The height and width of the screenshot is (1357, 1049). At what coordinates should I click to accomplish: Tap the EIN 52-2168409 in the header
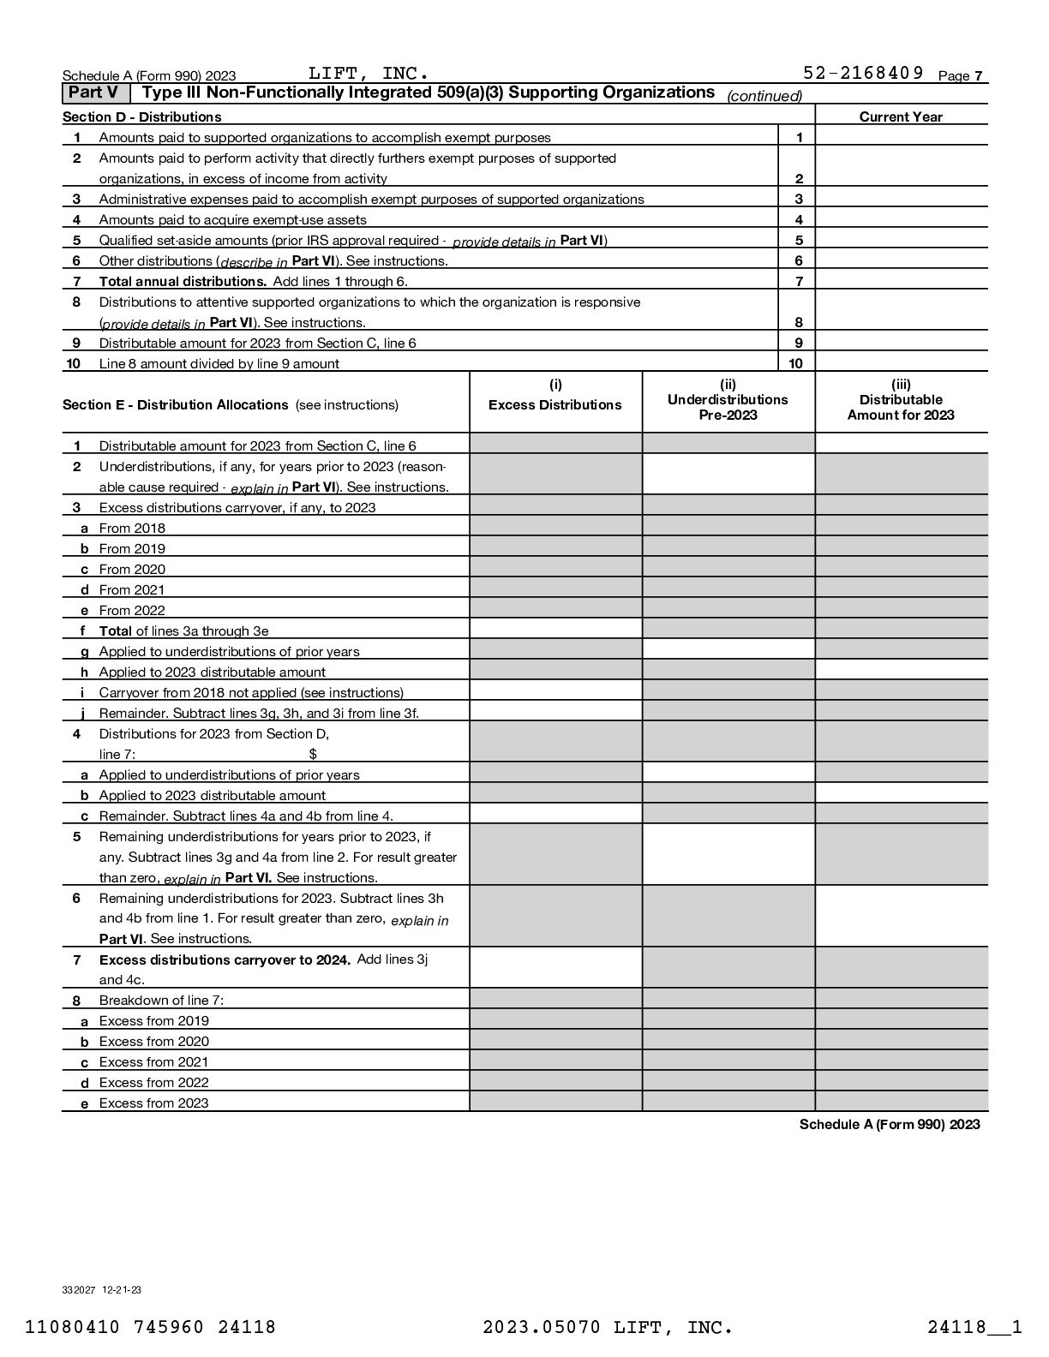[863, 73]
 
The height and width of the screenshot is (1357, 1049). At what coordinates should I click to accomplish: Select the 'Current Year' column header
[901, 117]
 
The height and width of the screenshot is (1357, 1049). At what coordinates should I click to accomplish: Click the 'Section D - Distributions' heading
[141, 117]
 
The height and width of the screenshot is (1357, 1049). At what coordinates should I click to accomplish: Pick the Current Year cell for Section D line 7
[901, 281]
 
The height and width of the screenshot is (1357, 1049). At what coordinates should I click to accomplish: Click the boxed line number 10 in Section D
[796, 363]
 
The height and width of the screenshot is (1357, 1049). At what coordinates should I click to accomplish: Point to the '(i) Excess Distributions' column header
[555, 396]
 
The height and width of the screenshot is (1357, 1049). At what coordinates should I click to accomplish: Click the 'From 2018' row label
[132, 529]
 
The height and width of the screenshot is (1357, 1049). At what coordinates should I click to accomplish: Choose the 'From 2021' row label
[132, 590]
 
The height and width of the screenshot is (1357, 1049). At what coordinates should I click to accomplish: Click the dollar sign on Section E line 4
[313, 754]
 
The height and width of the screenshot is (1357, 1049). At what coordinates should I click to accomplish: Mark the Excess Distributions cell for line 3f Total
[555, 631]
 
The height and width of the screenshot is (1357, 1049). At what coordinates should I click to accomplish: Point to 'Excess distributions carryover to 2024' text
[225, 959]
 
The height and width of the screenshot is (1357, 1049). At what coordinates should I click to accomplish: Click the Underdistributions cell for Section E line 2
[728, 475]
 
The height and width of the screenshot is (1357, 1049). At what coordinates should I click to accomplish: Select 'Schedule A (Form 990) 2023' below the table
[889, 1124]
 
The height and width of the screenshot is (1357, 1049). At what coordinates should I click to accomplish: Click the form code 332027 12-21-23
[102, 1289]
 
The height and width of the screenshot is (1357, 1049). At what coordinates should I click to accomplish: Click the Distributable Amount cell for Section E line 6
[901, 916]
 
